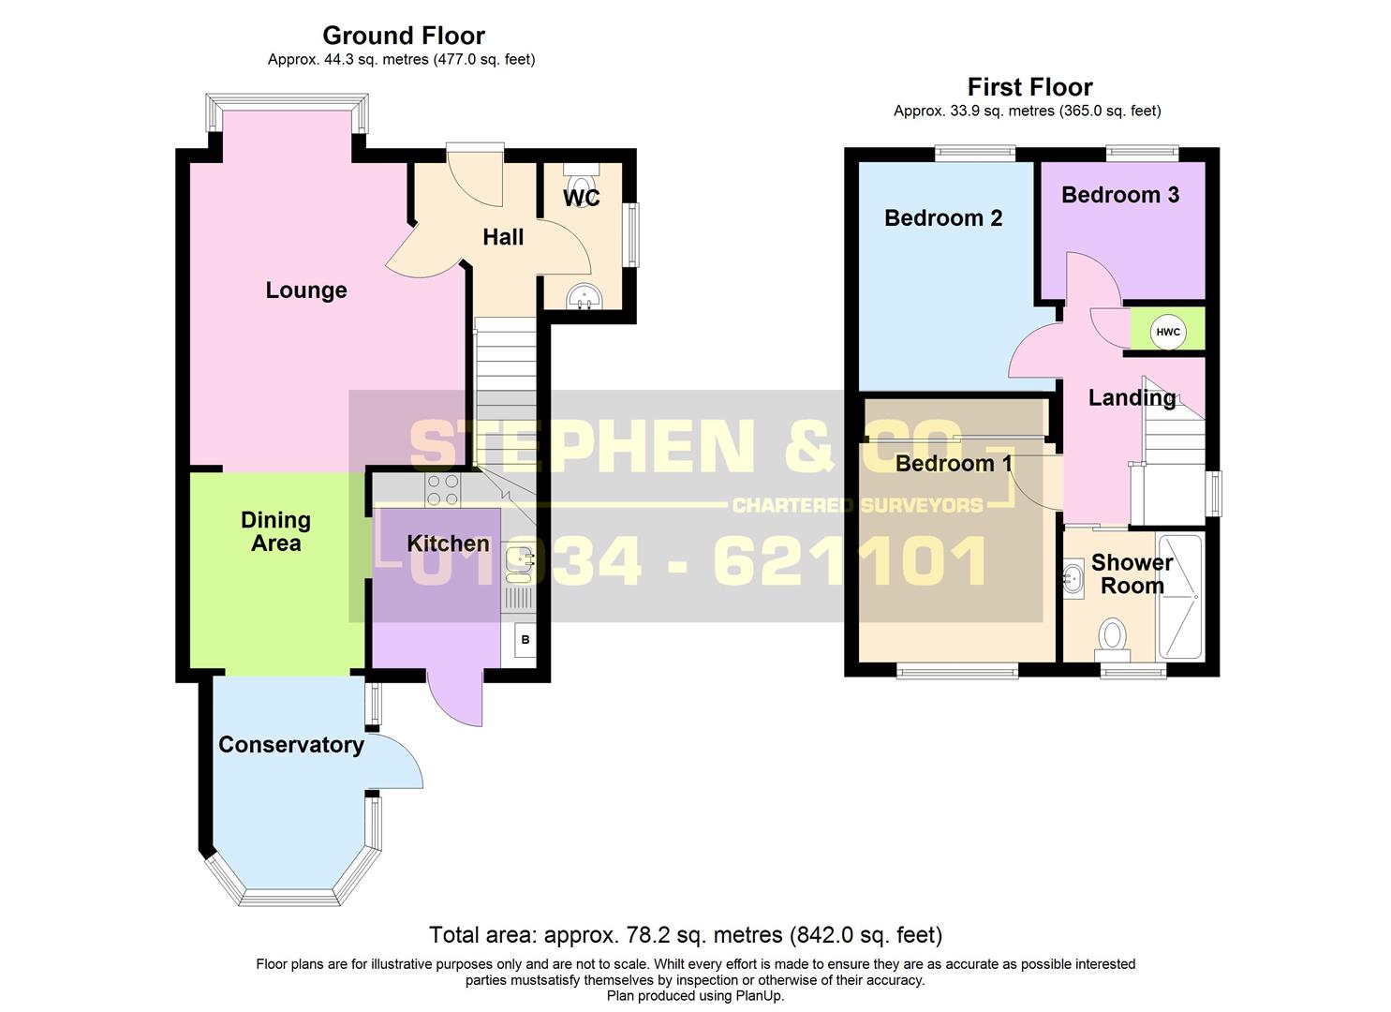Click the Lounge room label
306,290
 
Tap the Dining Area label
275,531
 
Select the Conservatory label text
290,745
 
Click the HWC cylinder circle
1167,332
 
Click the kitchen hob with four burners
443,488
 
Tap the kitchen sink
518,559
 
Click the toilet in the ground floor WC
582,183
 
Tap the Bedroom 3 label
1119,195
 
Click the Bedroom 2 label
942,218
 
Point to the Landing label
1132,398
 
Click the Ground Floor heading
404,36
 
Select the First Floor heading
1029,87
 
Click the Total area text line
685,935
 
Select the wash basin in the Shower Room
1073,579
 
